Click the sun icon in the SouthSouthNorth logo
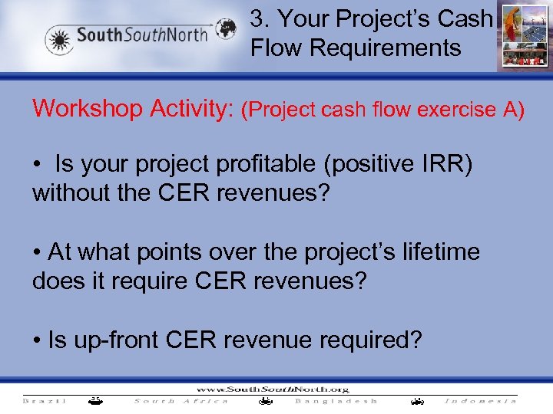pos(59,38)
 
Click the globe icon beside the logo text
pos(226,30)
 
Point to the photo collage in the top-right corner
pos(524,36)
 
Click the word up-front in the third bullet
pos(115,340)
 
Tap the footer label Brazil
pos(45,401)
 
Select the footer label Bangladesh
pos(336,401)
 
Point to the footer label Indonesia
pos(481,401)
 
